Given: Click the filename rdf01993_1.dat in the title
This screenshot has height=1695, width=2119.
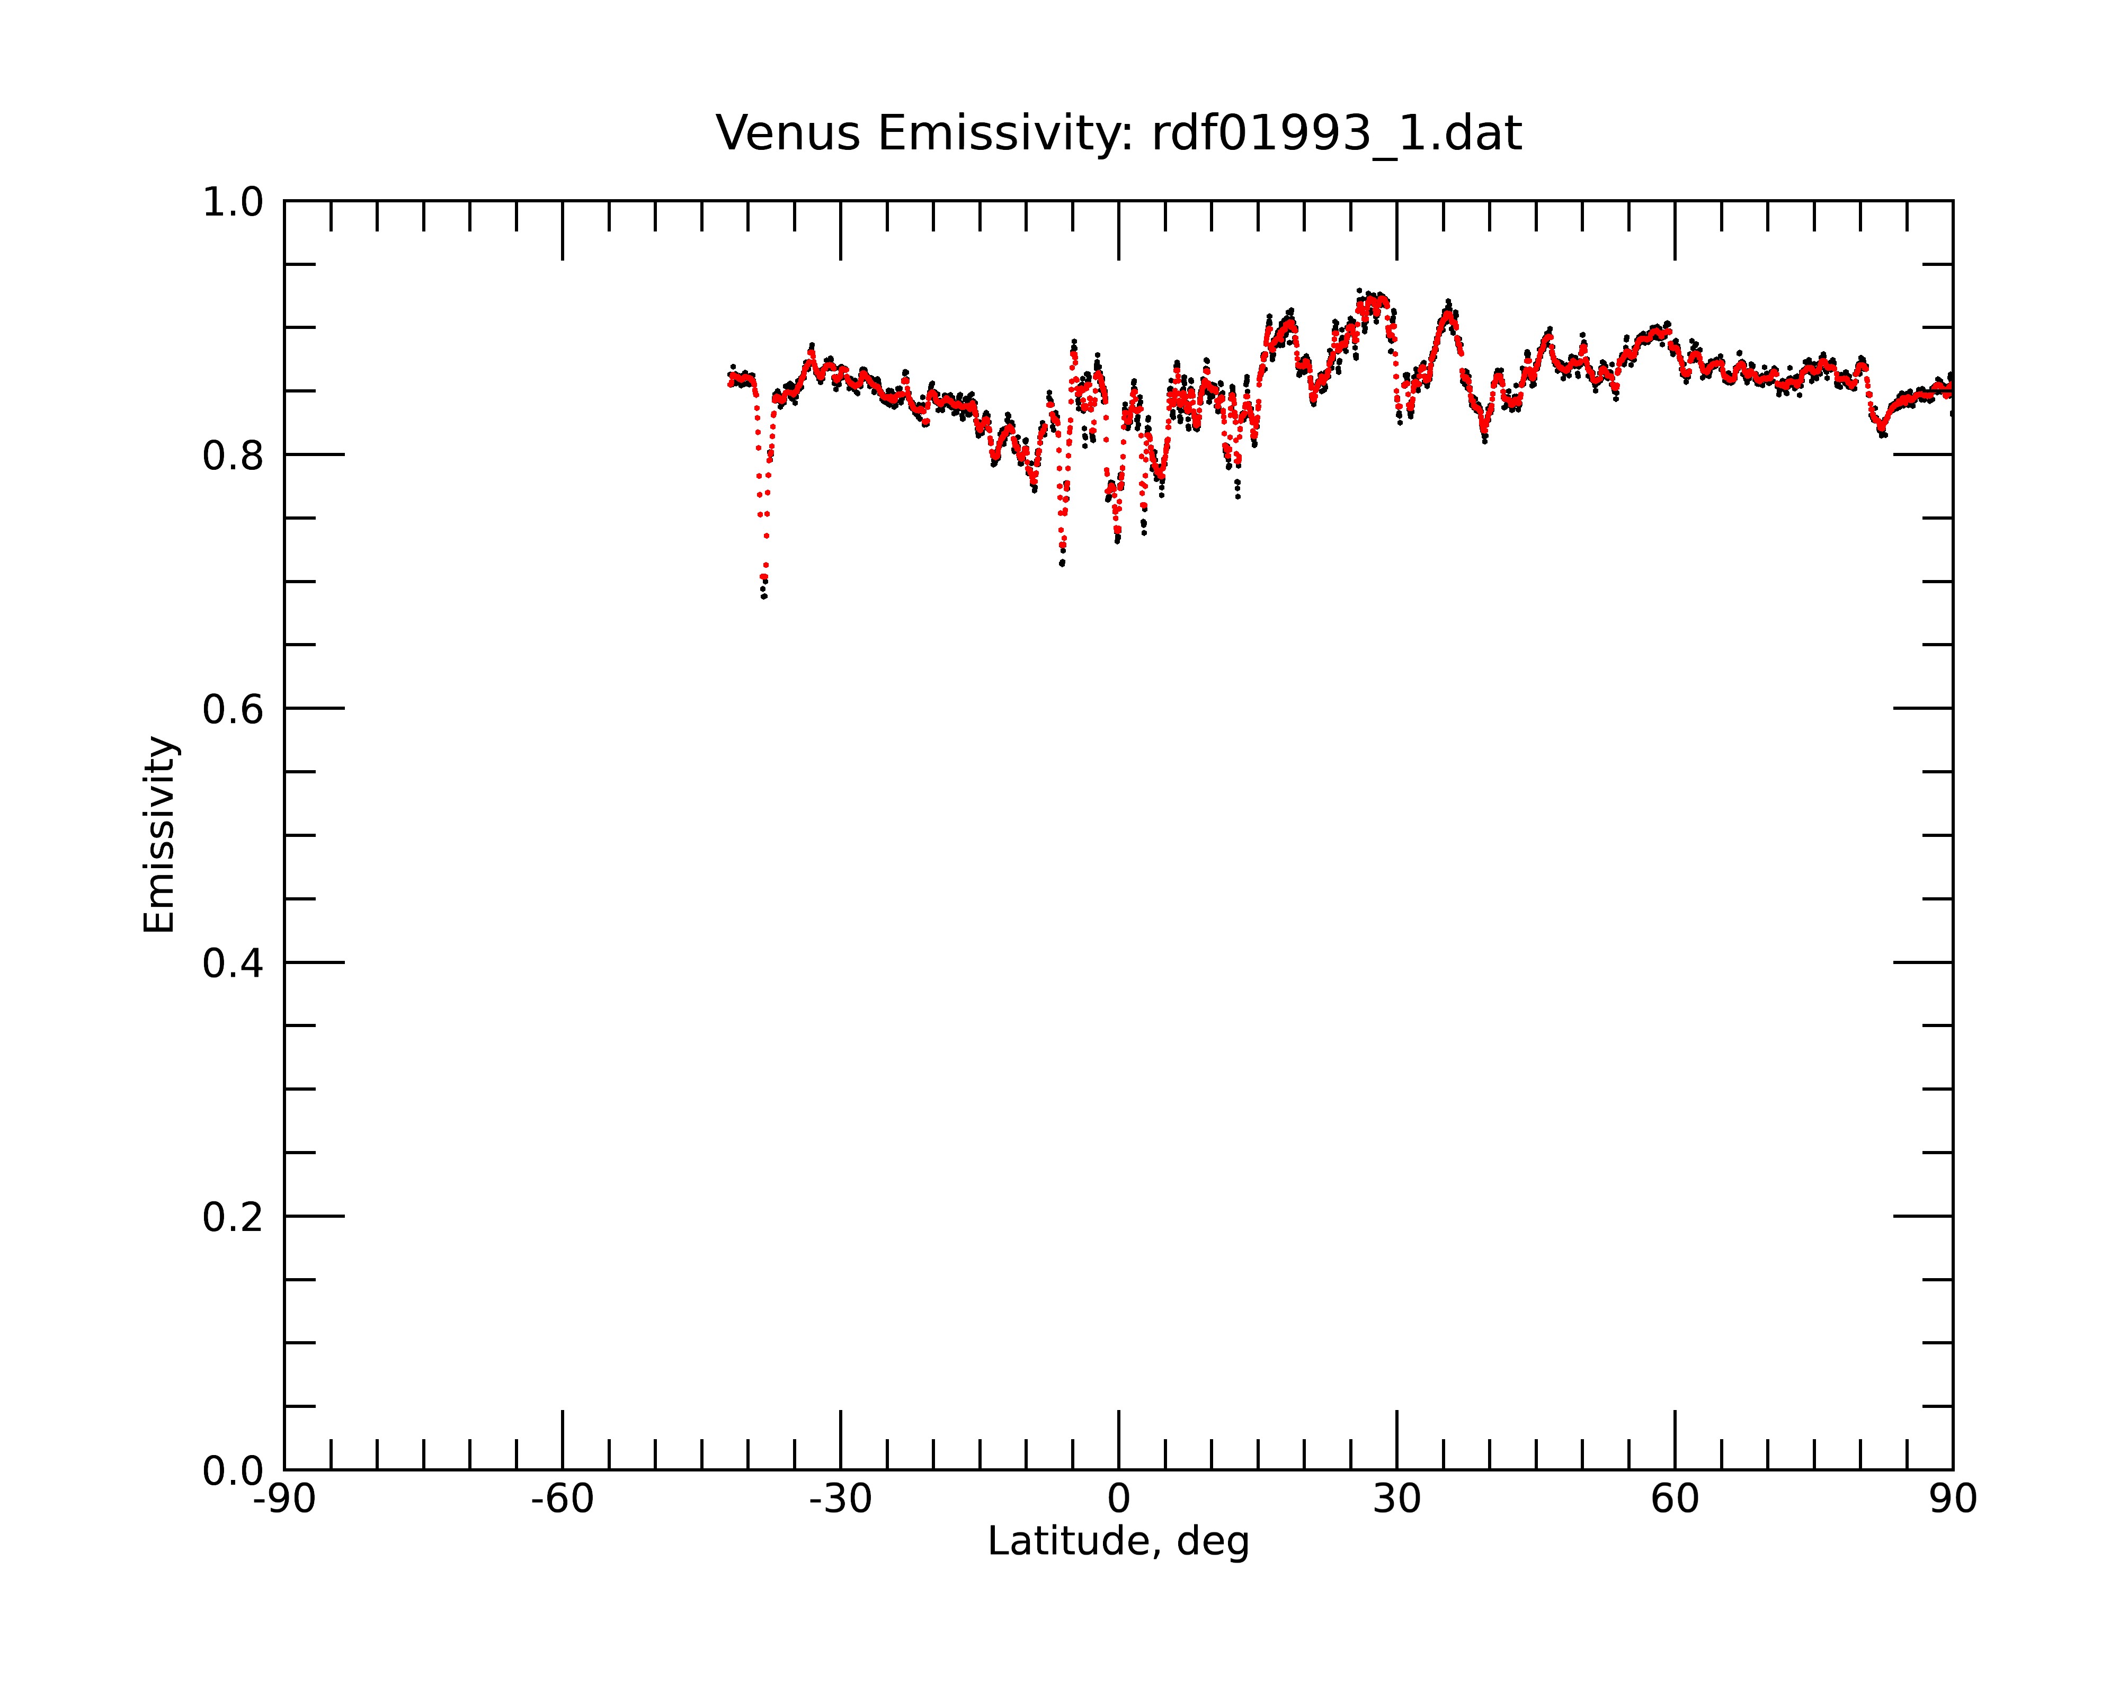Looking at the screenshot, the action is (x=1337, y=133).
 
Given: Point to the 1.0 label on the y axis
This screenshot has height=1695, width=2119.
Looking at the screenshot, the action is (x=233, y=202).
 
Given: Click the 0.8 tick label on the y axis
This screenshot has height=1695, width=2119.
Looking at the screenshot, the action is (x=233, y=456).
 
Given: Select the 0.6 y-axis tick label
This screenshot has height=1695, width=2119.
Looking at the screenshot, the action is (x=233, y=709).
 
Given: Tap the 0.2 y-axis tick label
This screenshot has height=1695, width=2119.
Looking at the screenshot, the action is (x=233, y=1217).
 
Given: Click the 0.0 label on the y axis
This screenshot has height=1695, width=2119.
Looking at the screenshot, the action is (x=233, y=1471).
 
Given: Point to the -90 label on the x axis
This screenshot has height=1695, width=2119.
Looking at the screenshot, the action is (x=284, y=1500).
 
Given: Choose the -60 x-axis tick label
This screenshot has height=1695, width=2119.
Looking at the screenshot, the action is (x=562, y=1500).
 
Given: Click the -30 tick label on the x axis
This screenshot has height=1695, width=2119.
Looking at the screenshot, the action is (x=840, y=1500).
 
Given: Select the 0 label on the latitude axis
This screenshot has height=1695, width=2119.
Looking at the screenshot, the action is (x=1118, y=1500).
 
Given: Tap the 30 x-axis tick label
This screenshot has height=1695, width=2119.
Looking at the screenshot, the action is (x=1396, y=1500).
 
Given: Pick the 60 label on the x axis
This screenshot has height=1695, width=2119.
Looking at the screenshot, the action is (x=1675, y=1500).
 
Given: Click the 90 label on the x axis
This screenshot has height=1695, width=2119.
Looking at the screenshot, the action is (x=1953, y=1500).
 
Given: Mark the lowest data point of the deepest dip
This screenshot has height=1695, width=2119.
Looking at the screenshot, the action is (x=764, y=596).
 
